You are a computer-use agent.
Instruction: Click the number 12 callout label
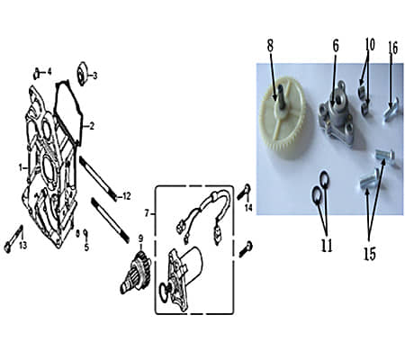click(x=127, y=196)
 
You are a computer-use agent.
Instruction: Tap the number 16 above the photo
click(x=393, y=48)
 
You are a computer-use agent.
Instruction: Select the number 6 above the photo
click(x=336, y=46)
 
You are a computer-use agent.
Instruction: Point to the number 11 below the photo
click(x=327, y=246)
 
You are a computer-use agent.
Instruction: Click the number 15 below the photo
click(x=370, y=254)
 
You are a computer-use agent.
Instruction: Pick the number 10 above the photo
click(x=370, y=45)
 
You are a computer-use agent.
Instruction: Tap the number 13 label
click(x=23, y=246)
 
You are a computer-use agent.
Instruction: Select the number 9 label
click(x=140, y=238)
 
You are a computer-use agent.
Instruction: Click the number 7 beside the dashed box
click(x=147, y=213)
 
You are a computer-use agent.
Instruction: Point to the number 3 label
click(x=94, y=76)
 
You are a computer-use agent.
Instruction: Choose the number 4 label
click(x=49, y=71)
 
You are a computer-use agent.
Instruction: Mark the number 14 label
click(x=248, y=207)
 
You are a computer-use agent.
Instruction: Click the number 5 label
click(x=86, y=247)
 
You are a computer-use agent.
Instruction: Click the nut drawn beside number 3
click(x=83, y=74)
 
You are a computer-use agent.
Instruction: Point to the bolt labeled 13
click(x=13, y=239)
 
